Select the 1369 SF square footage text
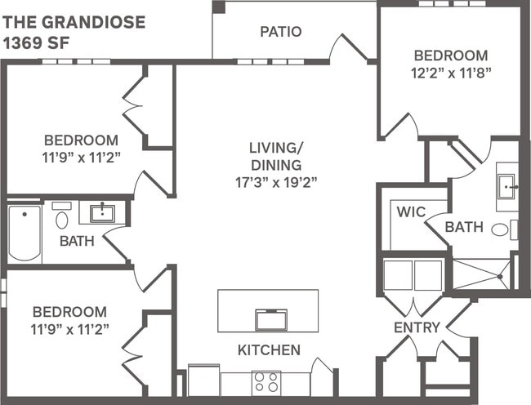pos(33,40)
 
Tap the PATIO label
pos(281,33)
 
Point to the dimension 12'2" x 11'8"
pos(450,72)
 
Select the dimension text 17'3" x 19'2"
pos(276,180)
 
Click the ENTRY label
pos(417,327)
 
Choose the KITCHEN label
pos(269,350)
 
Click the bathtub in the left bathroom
pos(24,232)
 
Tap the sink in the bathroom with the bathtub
pos(103,214)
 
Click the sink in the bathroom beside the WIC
pos(507,185)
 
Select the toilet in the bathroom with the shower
pos(500,230)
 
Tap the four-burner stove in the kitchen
pos(265,381)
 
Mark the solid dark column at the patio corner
pos(218,7)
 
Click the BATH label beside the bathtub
pos(77,242)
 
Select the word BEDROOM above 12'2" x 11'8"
pos(450,56)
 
